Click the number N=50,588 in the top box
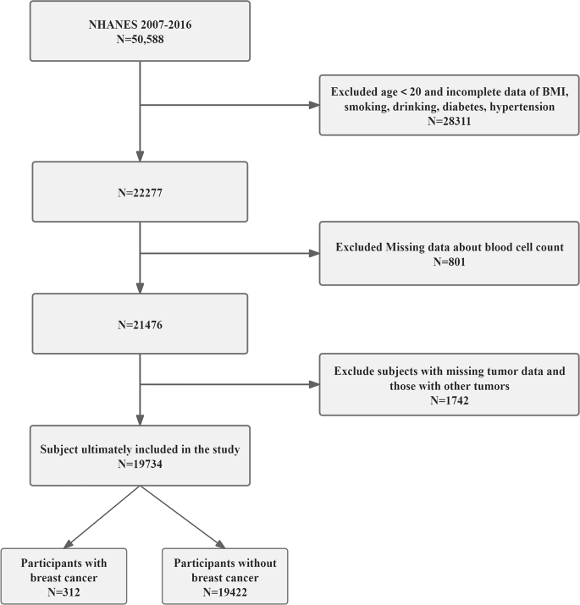click(140, 38)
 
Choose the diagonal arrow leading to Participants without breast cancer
click(182, 520)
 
